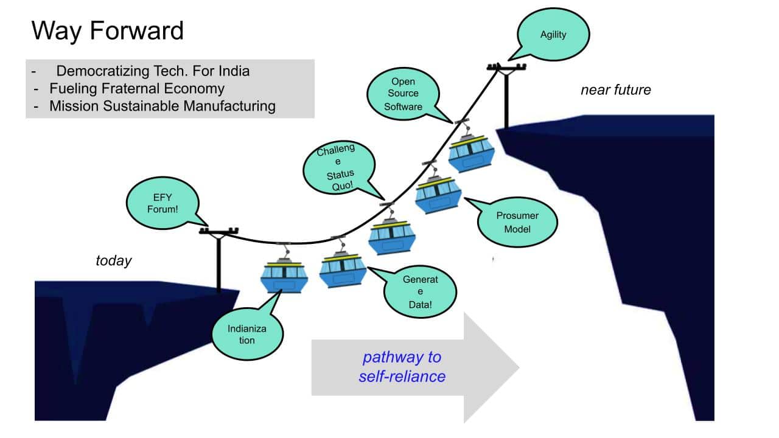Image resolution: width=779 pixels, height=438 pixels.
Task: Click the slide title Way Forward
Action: coord(108,31)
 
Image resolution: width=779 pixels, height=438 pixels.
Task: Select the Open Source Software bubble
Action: coord(402,94)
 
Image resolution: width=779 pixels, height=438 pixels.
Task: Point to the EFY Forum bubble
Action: coord(161,203)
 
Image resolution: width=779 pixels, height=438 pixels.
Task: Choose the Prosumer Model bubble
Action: coord(517,222)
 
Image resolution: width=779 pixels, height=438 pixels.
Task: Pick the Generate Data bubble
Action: coord(420,292)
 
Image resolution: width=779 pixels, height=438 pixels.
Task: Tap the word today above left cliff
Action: coord(114,261)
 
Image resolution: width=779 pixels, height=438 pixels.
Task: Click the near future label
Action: coord(615,90)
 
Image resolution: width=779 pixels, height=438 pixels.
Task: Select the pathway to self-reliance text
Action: coord(402,367)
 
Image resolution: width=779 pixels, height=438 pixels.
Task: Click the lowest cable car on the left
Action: coord(284,277)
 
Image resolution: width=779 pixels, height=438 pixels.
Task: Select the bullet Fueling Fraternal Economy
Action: coord(137,88)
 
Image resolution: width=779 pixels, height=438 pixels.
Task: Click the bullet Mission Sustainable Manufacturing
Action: coord(162,106)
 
